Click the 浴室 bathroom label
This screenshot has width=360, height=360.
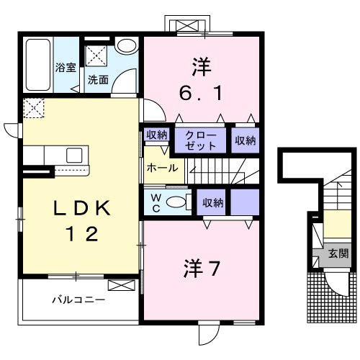tap(66, 68)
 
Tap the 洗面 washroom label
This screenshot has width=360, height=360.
tap(98, 80)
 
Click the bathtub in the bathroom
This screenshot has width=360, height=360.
tap(37, 65)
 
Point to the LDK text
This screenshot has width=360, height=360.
tap(78, 209)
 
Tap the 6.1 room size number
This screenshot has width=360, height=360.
tap(199, 92)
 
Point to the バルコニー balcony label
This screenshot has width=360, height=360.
tap(78, 298)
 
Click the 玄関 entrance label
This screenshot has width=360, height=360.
tap(338, 253)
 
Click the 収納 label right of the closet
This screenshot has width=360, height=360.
tap(245, 140)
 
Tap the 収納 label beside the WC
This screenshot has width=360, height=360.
tap(212, 202)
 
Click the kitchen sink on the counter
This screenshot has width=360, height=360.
tap(75, 154)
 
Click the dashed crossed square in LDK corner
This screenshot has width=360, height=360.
tap(33, 109)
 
